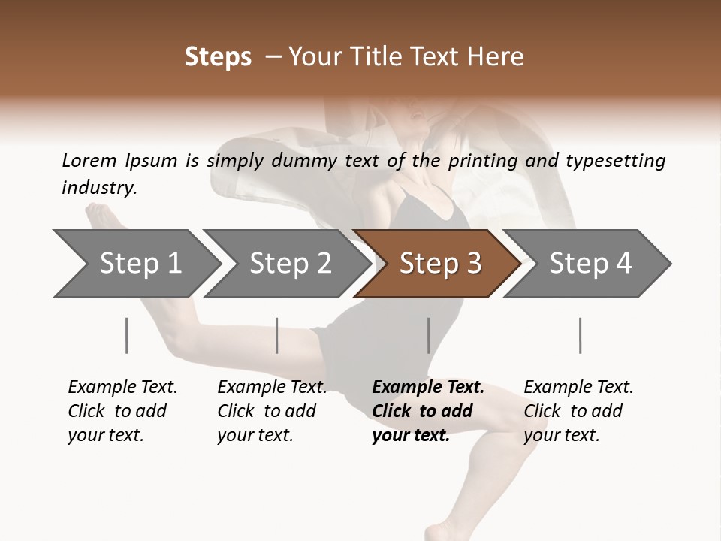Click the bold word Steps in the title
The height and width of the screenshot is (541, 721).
(218, 57)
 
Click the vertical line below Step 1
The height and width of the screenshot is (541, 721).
(127, 335)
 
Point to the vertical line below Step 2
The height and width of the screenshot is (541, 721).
(277, 335)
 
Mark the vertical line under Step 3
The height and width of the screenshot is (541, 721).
(428, 335)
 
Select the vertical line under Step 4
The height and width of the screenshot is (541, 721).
(580, 335)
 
